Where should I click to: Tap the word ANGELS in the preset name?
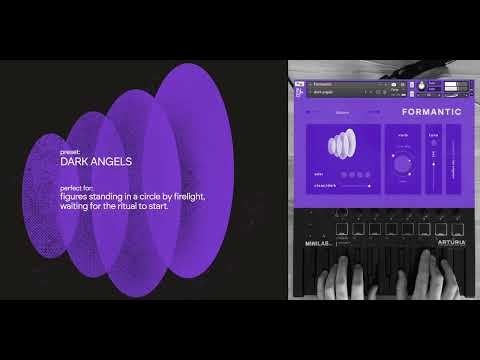(112, 160)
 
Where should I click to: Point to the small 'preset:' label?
(71, 149)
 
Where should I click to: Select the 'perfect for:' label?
(79, 187)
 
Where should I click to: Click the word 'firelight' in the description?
(187, 196)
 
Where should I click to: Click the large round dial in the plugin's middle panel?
(402, 164)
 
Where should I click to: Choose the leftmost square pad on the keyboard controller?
(343, 229)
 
